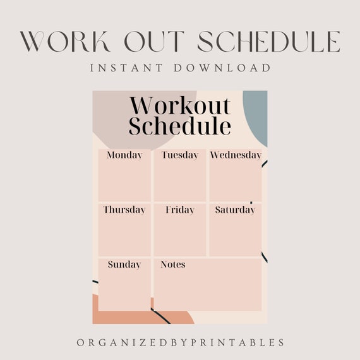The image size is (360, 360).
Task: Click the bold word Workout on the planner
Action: (x=180, y=105)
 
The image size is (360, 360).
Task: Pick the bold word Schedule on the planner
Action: (x=180, y=126)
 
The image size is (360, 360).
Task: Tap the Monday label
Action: (x=124, y=155)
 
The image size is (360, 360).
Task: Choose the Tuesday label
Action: (x=179, y=155)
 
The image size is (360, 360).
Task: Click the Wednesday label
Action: (x=236, y=155)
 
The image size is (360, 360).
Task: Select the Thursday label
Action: (x=124, y=210)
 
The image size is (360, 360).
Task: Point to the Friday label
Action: (x=180, y=210)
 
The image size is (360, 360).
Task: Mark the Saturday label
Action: (x=235, y=210)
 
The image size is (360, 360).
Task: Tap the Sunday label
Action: (x=124, y=265)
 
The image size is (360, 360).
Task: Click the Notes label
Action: (x=173, y=265)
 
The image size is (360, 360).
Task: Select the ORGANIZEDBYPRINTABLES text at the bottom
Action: (x=181, y=342)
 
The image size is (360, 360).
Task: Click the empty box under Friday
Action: (x=180, y=236)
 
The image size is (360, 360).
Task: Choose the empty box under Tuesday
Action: (x=180, y=181)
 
